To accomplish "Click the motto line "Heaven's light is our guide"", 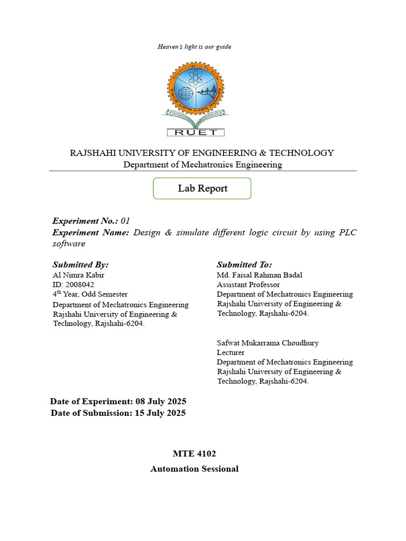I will coord(194,46).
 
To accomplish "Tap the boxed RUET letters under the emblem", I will coord(196,132).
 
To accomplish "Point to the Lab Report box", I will coord(202,189).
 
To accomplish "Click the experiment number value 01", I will coord(125,221).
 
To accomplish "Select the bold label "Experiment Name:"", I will coord(90,232).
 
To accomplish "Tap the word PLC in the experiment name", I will coord(346,232).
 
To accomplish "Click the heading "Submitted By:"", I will coord(80,264).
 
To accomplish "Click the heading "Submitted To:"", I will coord(244,264).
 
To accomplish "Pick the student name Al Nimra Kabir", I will coord(79,275).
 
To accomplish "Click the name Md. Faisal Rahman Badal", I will coord(260,275).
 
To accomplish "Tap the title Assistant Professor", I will coord(248,284).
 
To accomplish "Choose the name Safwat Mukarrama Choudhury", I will coord(267,343).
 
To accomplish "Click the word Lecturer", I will coord(230,352).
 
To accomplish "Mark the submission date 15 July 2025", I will coord(160,413).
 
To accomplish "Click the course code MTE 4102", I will coord(195,454).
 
